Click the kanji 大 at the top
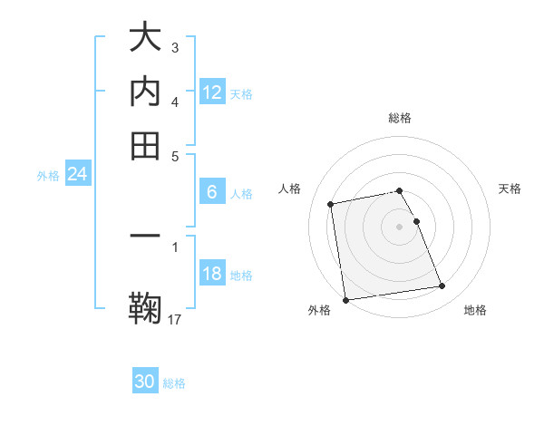click(145, 39)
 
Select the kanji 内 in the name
click(145, 92)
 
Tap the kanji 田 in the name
click(145, 144)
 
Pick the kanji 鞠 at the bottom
click(145, 305)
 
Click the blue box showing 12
click(212, 92)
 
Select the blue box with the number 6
click(212, 192)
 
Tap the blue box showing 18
click(212, 275)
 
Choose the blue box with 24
click(77, 175)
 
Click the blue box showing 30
click(145, 382)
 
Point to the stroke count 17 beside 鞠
click(176, 319)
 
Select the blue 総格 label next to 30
click(175, 383)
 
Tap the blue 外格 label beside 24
click(47, 176)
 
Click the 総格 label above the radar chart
click(400, 118)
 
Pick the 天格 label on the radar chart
click(510, 189)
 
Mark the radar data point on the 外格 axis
click(345, 300)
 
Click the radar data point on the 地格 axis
click(442, 286)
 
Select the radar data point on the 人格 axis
click(332, 203)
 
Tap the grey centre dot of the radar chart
click(400, 226)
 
